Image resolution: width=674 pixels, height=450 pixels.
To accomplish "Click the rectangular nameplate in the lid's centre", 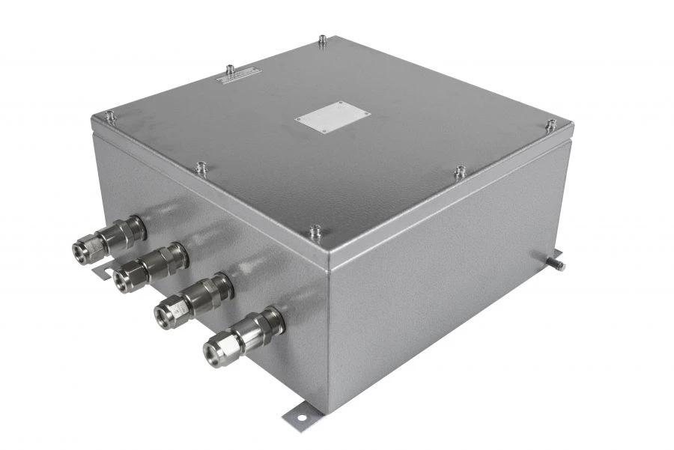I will pyautogui.click(x=332, y=117).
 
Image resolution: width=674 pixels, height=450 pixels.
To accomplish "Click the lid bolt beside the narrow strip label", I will pyautogui.click(x=230, y=69).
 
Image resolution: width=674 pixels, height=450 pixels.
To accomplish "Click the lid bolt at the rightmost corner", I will pyautogui.click(x=550, y=124).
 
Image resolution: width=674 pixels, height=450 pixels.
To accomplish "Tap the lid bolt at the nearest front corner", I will pyautogui.click(x=316, y=230).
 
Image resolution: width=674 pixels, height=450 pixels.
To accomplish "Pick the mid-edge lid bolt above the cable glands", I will pyautogui.click(x=201, y=168).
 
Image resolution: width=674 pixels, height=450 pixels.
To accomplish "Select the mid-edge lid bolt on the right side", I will pyautogui.click(x=459, y=172).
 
